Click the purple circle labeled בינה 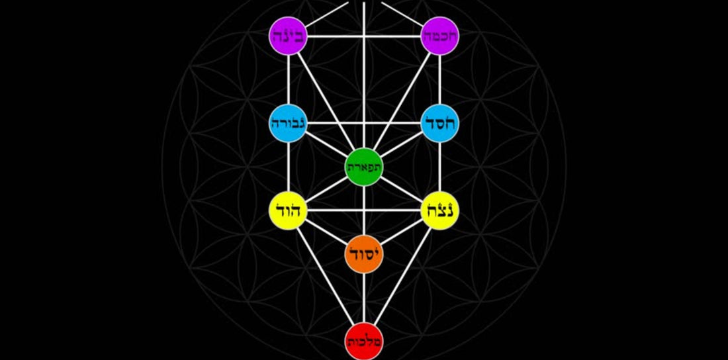[289, 36]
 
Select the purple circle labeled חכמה [439, 36]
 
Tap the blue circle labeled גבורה [289, 124]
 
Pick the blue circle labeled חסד [439, 124]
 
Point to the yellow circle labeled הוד [289, 210]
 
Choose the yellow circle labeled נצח [439, 210]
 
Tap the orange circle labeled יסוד [364, 254]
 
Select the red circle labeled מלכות [364, 341]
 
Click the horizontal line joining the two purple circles [364, 36]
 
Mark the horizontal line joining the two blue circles [364, 124]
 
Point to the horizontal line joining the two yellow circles [364, 210]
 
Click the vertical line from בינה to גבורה [289, 80]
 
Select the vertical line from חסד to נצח [439, 167]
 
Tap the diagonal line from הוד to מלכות [326, 276]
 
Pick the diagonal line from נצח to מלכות [402, 276]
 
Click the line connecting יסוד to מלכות [364, 298]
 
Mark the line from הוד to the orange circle [326, 232]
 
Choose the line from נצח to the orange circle [402, 232]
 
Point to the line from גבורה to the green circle [326, 146]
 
